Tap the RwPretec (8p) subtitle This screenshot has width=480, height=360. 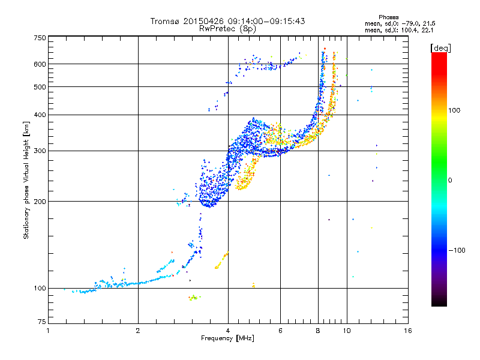pos(227,29)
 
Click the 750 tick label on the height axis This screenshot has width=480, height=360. pos(40,38)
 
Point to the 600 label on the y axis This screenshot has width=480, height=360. pos(40,64)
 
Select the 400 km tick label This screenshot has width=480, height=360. pos(40,115)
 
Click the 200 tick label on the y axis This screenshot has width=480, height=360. pos(40,202)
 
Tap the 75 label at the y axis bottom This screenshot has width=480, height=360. pos(42,322)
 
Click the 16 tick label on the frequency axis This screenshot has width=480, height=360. pos(408,331)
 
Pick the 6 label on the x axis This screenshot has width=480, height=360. pos(280,331)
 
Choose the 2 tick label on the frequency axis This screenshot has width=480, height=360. pos(138,331)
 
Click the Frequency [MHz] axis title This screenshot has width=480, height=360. pos(227,338)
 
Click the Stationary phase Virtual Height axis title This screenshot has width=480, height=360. pos(26,180)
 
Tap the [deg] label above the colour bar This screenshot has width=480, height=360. pos(440,49)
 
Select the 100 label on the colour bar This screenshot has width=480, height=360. pos(454,110)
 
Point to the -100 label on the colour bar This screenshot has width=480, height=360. pos(457,250)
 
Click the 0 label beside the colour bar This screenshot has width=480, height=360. pos(450,181)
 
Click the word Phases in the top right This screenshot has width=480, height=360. pos(388,17)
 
